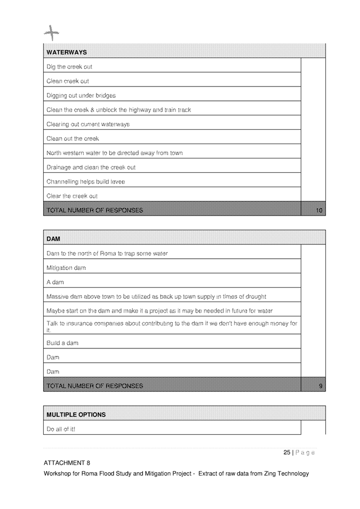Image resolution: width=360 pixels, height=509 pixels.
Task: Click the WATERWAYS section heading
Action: (67, 52)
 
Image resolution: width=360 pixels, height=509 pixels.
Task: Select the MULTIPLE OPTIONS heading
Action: (76, 415)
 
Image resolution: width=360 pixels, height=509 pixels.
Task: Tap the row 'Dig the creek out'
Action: (69, 67)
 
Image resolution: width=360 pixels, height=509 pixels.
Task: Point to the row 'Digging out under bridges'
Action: (81, 96)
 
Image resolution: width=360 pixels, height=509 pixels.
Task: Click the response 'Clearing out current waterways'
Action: (88, 124)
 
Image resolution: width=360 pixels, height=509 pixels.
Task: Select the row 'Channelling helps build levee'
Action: (86, 182)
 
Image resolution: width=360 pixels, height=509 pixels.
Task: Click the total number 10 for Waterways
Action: (319, 211)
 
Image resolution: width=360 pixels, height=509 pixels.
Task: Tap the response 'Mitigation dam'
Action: (66, 268)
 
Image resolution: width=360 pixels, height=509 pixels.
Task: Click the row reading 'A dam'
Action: (55, 282)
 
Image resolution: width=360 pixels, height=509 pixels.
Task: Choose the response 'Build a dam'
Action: (62, 343)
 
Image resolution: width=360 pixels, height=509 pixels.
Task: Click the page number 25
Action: (287, 452)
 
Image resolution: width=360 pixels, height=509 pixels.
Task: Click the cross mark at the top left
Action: (51, 33)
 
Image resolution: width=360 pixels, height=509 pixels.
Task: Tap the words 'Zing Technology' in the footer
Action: (286, 473)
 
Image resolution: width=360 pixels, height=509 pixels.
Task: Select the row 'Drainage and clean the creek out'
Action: (91, 168)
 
